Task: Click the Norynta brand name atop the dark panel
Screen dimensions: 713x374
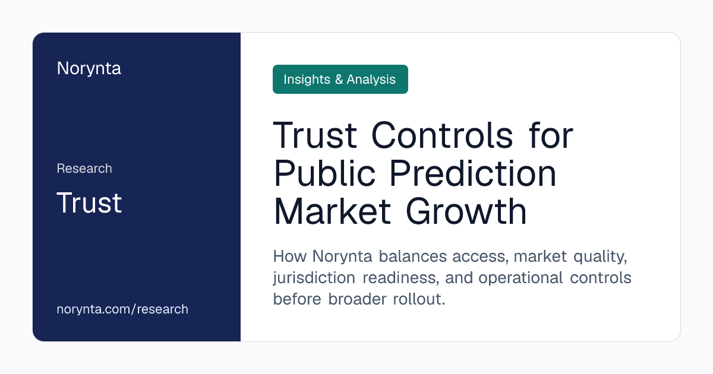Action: click(x=89, y=69)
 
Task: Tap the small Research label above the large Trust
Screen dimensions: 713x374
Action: click(x=84, y=168)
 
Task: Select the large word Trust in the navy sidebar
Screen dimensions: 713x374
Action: click(x=89, y=202)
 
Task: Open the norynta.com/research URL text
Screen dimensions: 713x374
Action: click(x=122, y=309)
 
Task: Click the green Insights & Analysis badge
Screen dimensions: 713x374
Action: click(x=340, y=79)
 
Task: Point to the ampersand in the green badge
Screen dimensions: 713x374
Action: click(x=339, y=80)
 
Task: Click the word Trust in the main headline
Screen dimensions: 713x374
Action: click(x=315, y=135)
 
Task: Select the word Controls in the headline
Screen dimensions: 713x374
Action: click(x=442, y=135)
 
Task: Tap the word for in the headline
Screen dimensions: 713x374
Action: click(x=551, y=135)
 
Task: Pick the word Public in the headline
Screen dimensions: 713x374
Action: click(x=324, y=173)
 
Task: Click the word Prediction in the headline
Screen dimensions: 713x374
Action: click(x=473, y=173)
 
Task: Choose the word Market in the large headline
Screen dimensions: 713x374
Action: click(x=332, y=212)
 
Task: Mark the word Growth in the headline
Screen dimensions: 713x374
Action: click(x=466, y=212)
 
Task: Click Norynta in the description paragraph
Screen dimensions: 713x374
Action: click(x=342, y=256)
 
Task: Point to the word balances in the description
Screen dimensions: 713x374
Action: click(x=413, y=256)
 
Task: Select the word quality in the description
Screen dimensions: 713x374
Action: click(x=600, y=257)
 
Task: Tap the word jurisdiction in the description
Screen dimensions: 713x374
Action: click(x=314, y=278)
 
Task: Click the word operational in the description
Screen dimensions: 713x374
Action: click(x=520, y=278)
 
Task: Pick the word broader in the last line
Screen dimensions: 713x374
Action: click(x=358, y=299)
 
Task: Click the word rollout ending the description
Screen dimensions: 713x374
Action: click(x=419, y=299)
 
